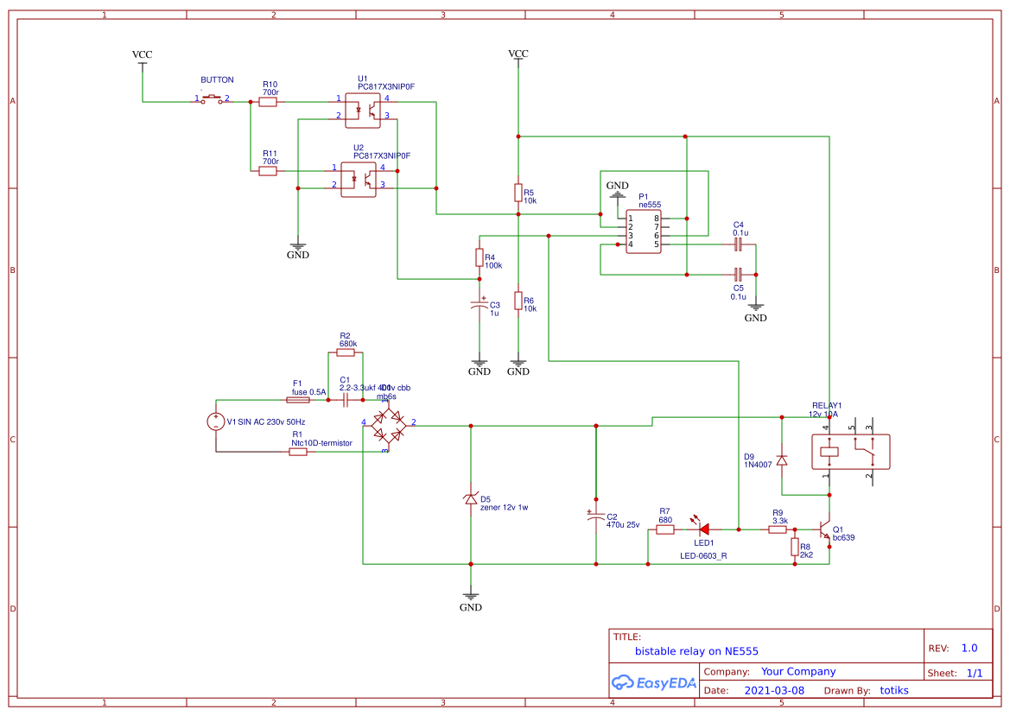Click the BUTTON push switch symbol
tap(213, 100)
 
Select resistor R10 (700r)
tap(269, 102)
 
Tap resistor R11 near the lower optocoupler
tap(269, 171)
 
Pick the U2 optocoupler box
tap(359, 178)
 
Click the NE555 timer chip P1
tap(644, 231)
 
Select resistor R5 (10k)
tap(518, 192)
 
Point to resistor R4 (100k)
tap(480, 257)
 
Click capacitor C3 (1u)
tap(480, 305)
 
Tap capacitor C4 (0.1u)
tap(737, 245)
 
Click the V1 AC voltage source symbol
tap(216, 421)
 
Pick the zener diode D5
tap(471, 499)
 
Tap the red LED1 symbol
tap(703, 529)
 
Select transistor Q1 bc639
tap(824, 530)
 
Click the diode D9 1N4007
tap(782, 460)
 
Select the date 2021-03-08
tap(774, 691)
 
